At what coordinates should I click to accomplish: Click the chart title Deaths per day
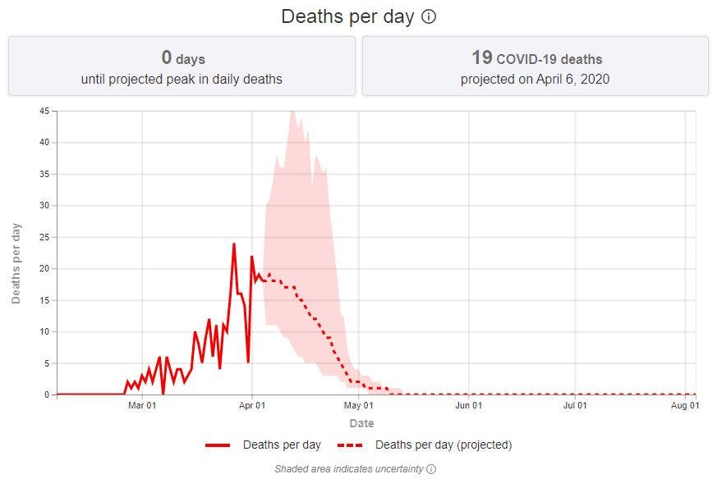[347, 16]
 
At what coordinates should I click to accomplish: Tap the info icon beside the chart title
[429, 16]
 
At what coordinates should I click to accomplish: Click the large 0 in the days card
[167, 57]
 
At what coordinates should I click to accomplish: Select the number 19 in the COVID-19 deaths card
[481, 57]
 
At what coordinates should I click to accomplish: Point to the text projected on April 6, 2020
[535, 80]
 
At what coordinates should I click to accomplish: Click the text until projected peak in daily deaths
[182, 80]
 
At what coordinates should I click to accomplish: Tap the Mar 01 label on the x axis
[142, 405]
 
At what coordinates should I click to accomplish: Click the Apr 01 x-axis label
[252, 405]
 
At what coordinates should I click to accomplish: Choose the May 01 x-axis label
[359, 405]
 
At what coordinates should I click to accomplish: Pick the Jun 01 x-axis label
[468, 405]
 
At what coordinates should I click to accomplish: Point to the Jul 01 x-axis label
[575, 405]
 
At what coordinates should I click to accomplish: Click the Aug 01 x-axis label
[684, 405]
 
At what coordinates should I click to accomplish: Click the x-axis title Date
[361, 423]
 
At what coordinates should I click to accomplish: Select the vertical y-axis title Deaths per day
[16, 262]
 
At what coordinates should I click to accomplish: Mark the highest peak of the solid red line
[234, 244]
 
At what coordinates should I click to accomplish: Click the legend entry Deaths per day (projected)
[444, 445]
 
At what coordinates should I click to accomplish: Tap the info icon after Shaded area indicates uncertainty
[431, 469]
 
